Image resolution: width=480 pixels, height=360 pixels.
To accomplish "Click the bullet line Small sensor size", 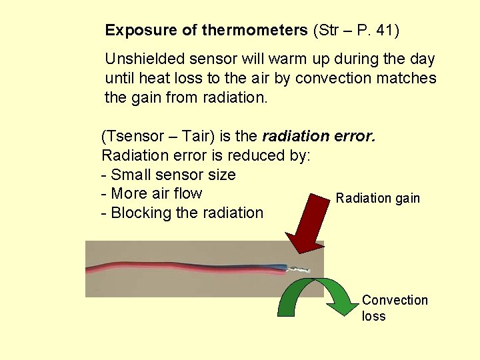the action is (169, 175).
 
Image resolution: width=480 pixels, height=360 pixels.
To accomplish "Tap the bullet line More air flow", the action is (152, 194).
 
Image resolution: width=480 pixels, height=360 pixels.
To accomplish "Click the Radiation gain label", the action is (378, 198).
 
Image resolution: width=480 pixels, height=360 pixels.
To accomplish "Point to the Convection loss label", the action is (394, 307).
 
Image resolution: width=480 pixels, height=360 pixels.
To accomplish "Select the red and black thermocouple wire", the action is (187, 269).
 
